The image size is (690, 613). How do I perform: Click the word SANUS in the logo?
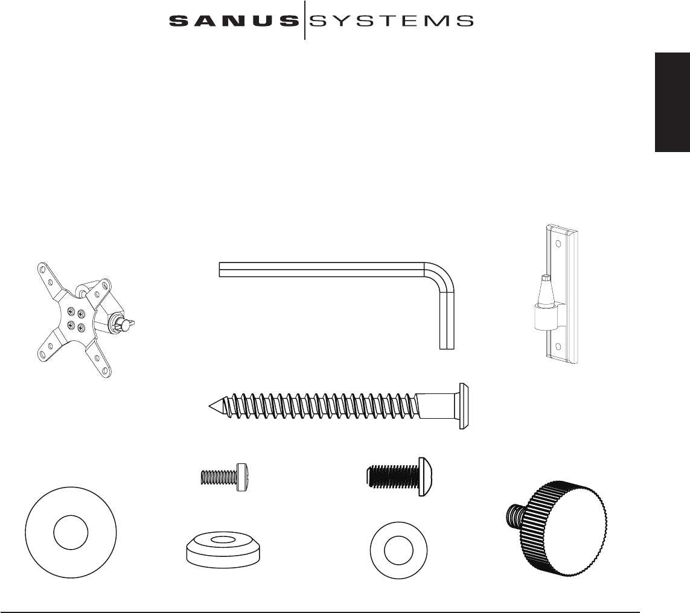(x=233, y=21)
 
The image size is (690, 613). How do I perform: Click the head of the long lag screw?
(x=464, y=406)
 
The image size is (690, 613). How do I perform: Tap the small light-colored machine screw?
(x=225, y=478)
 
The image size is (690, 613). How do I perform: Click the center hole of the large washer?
(x=71, y=532)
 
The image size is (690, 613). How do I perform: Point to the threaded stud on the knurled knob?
(x=514, y=515)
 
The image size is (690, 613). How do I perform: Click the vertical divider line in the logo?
(x=305, y=21)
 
